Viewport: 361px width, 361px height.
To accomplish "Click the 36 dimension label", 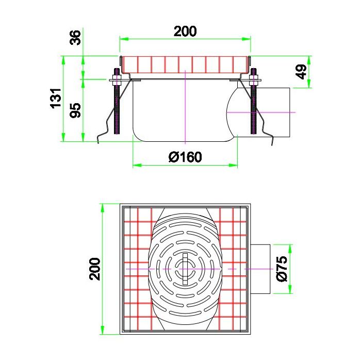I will click(76, 38).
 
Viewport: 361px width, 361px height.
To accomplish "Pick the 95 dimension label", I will click(76, 110).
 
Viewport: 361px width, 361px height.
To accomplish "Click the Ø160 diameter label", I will click(185, 156).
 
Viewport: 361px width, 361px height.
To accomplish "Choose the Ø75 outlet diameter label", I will click(282, 269).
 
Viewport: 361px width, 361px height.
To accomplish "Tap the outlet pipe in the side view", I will click(276, 112).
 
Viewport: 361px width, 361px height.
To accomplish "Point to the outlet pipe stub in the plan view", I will click(261, 269).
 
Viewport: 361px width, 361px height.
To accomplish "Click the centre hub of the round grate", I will click(185, 269).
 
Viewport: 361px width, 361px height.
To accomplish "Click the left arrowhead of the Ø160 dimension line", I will click(136, 166).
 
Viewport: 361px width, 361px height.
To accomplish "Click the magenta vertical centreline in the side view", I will click(185, 113).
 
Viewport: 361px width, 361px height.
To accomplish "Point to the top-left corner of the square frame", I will click(121, 205).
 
